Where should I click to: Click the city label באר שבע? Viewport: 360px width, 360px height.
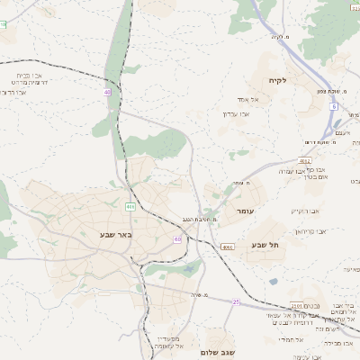92,236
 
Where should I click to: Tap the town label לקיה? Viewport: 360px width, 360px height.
276,81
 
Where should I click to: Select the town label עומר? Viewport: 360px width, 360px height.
245,210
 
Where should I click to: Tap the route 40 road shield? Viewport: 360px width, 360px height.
108,92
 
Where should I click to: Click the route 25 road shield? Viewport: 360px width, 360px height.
236,302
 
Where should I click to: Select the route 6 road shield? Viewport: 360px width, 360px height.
332,106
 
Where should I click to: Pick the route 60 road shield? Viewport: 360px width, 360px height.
177,238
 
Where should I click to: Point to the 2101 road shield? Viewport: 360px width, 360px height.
297,307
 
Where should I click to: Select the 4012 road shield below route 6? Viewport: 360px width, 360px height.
329,135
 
